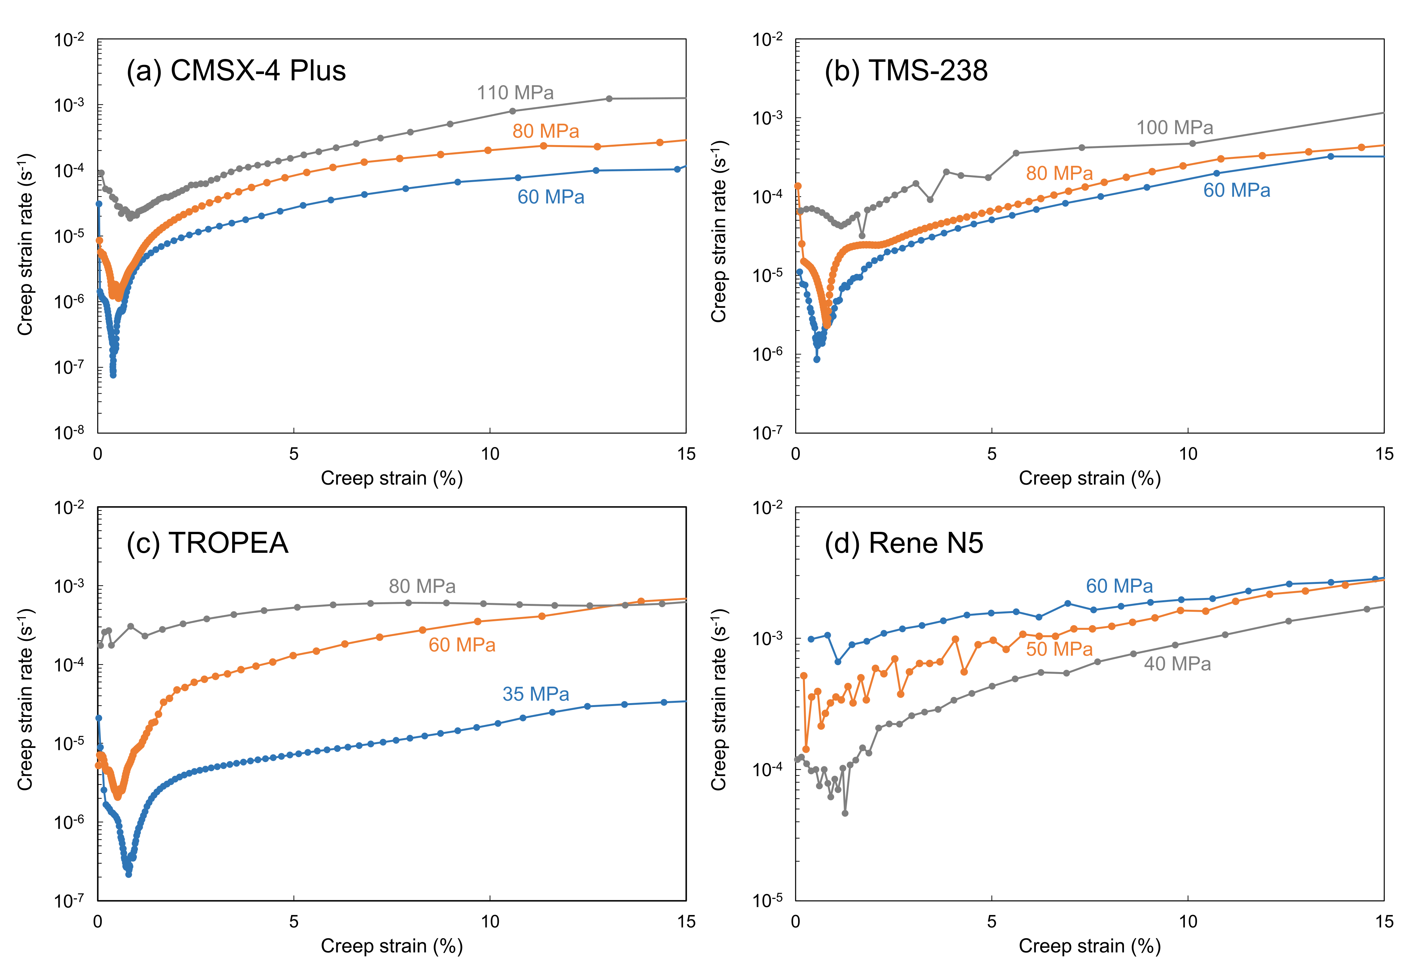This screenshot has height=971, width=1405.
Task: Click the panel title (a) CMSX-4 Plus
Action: (236, 71)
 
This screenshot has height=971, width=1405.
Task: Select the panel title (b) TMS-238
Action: (906, 71)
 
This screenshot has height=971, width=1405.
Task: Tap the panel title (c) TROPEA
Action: (208, 543)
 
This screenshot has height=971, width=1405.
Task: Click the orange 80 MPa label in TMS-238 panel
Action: (1059, 173)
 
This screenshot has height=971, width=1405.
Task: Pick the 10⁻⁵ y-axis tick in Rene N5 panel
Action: (767, 900)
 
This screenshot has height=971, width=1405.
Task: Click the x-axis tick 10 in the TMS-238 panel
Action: (1188, 454)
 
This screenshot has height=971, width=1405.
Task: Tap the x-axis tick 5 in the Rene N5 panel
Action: (992, 922)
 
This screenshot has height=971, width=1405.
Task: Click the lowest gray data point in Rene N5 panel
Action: (845, 813)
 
